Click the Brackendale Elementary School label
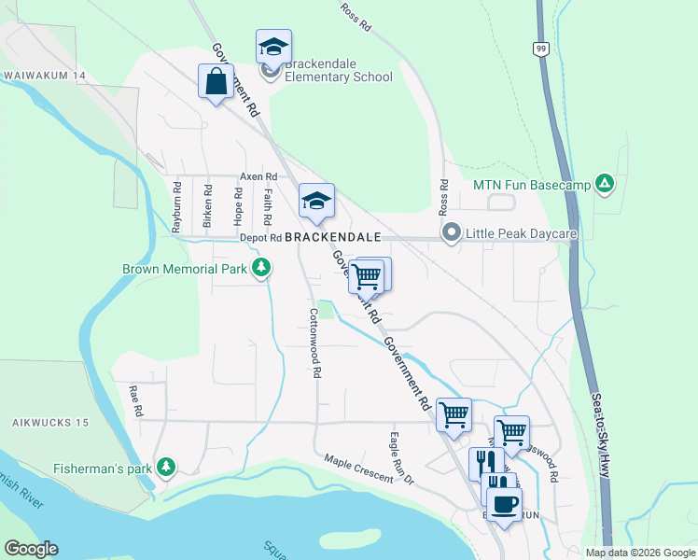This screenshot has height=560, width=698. (339, 71)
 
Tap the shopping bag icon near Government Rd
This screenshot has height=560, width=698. (216, 81)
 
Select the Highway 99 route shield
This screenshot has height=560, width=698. (540, 48)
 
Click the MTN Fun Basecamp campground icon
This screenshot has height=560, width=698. (605, 185)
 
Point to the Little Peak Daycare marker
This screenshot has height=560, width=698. (452, 232)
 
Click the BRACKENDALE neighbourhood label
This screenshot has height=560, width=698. (332, 237)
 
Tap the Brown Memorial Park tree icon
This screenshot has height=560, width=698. (262, 270)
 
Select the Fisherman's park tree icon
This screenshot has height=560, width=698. (166, 466)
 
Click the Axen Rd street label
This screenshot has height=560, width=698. (258, 176)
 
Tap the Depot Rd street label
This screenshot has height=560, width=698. (260, 238)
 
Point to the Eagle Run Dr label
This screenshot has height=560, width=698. (400, 457)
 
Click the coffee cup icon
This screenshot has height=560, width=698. (504, 504)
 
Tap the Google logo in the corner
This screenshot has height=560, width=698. (31, 549)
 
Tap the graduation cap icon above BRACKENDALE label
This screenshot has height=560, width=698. (316, 202)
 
